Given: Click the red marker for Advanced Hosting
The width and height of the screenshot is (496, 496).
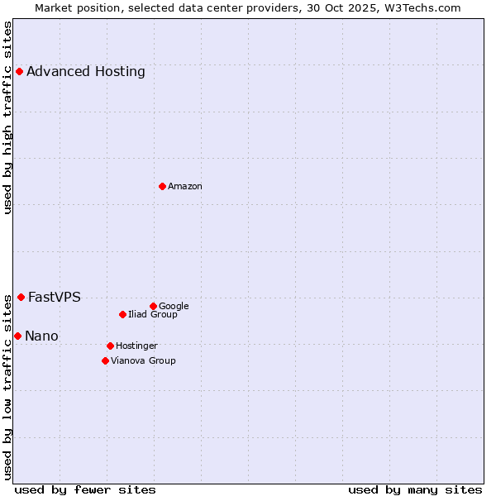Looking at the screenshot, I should point(19,71).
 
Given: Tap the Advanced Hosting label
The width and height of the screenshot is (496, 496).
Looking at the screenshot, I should point(86,71).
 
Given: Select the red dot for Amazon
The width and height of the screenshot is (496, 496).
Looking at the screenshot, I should point(162,186).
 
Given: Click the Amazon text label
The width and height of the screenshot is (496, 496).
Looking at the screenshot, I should point(185,186).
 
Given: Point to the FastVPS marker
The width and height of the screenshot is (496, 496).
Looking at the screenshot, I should point(21,297).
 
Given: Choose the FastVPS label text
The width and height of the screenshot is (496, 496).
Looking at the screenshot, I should point(55,297).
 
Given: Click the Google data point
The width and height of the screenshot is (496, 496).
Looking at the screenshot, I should point(153,306).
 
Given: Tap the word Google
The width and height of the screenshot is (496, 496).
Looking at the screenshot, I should point(174,306).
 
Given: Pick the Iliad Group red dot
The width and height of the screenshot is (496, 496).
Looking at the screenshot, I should point(122,314).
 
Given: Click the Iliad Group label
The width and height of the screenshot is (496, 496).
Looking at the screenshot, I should point(153,314).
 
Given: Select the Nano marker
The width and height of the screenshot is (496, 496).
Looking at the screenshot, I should point(17,336).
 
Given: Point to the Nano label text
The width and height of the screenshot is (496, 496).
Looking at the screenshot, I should point(41,336).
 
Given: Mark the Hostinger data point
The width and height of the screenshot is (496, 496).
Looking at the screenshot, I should point(110,346).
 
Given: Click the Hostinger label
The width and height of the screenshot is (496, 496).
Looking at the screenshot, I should point(136,346).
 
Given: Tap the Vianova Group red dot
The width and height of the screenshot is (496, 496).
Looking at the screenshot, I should point(105,360).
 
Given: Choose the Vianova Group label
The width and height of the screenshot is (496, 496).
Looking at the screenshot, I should point(143,360).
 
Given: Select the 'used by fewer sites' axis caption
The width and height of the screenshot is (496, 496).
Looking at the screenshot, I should point(85,489).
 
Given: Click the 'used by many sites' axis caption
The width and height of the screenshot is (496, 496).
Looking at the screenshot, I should point(415,489).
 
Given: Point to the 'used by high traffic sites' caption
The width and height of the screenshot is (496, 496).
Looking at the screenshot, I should point(7,117).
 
